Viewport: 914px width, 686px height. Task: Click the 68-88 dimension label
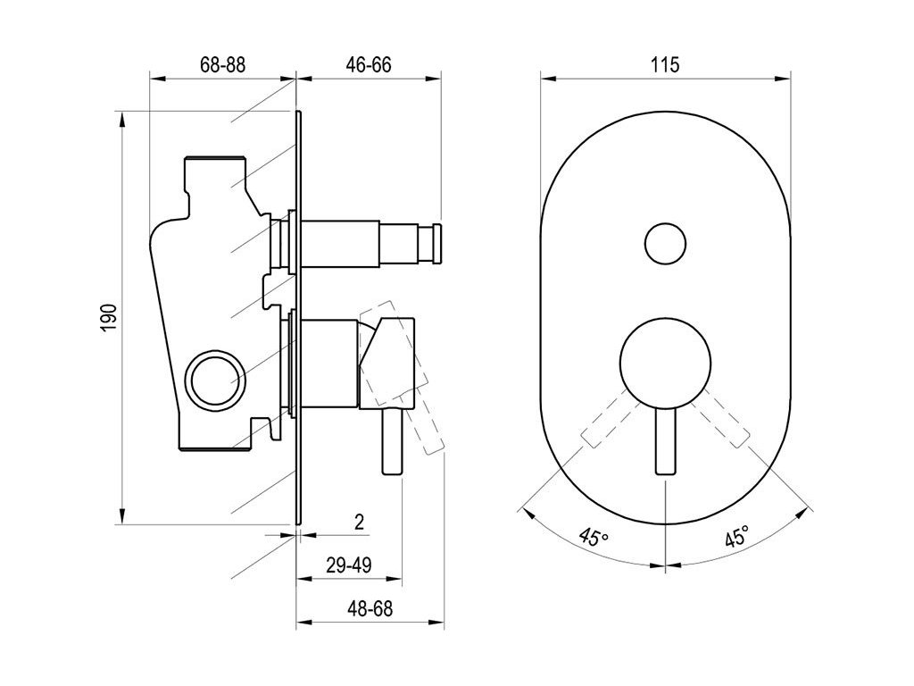222,64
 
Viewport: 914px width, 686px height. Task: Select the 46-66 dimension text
369,64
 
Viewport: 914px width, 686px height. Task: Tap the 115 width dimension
665,64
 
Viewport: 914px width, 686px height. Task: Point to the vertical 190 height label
110,318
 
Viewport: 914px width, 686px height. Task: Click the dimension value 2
359,522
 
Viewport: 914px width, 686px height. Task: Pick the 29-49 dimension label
349,565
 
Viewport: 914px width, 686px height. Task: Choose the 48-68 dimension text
370,609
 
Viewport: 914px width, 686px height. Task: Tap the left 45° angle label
594,536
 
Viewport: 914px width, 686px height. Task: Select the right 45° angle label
736,536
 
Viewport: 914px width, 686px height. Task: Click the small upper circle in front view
665,244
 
